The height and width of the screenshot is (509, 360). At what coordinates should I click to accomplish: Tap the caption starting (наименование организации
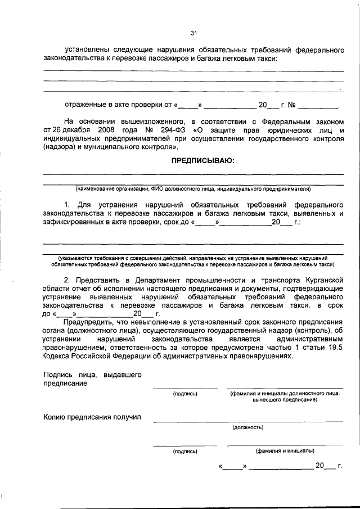tap(193, 188)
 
